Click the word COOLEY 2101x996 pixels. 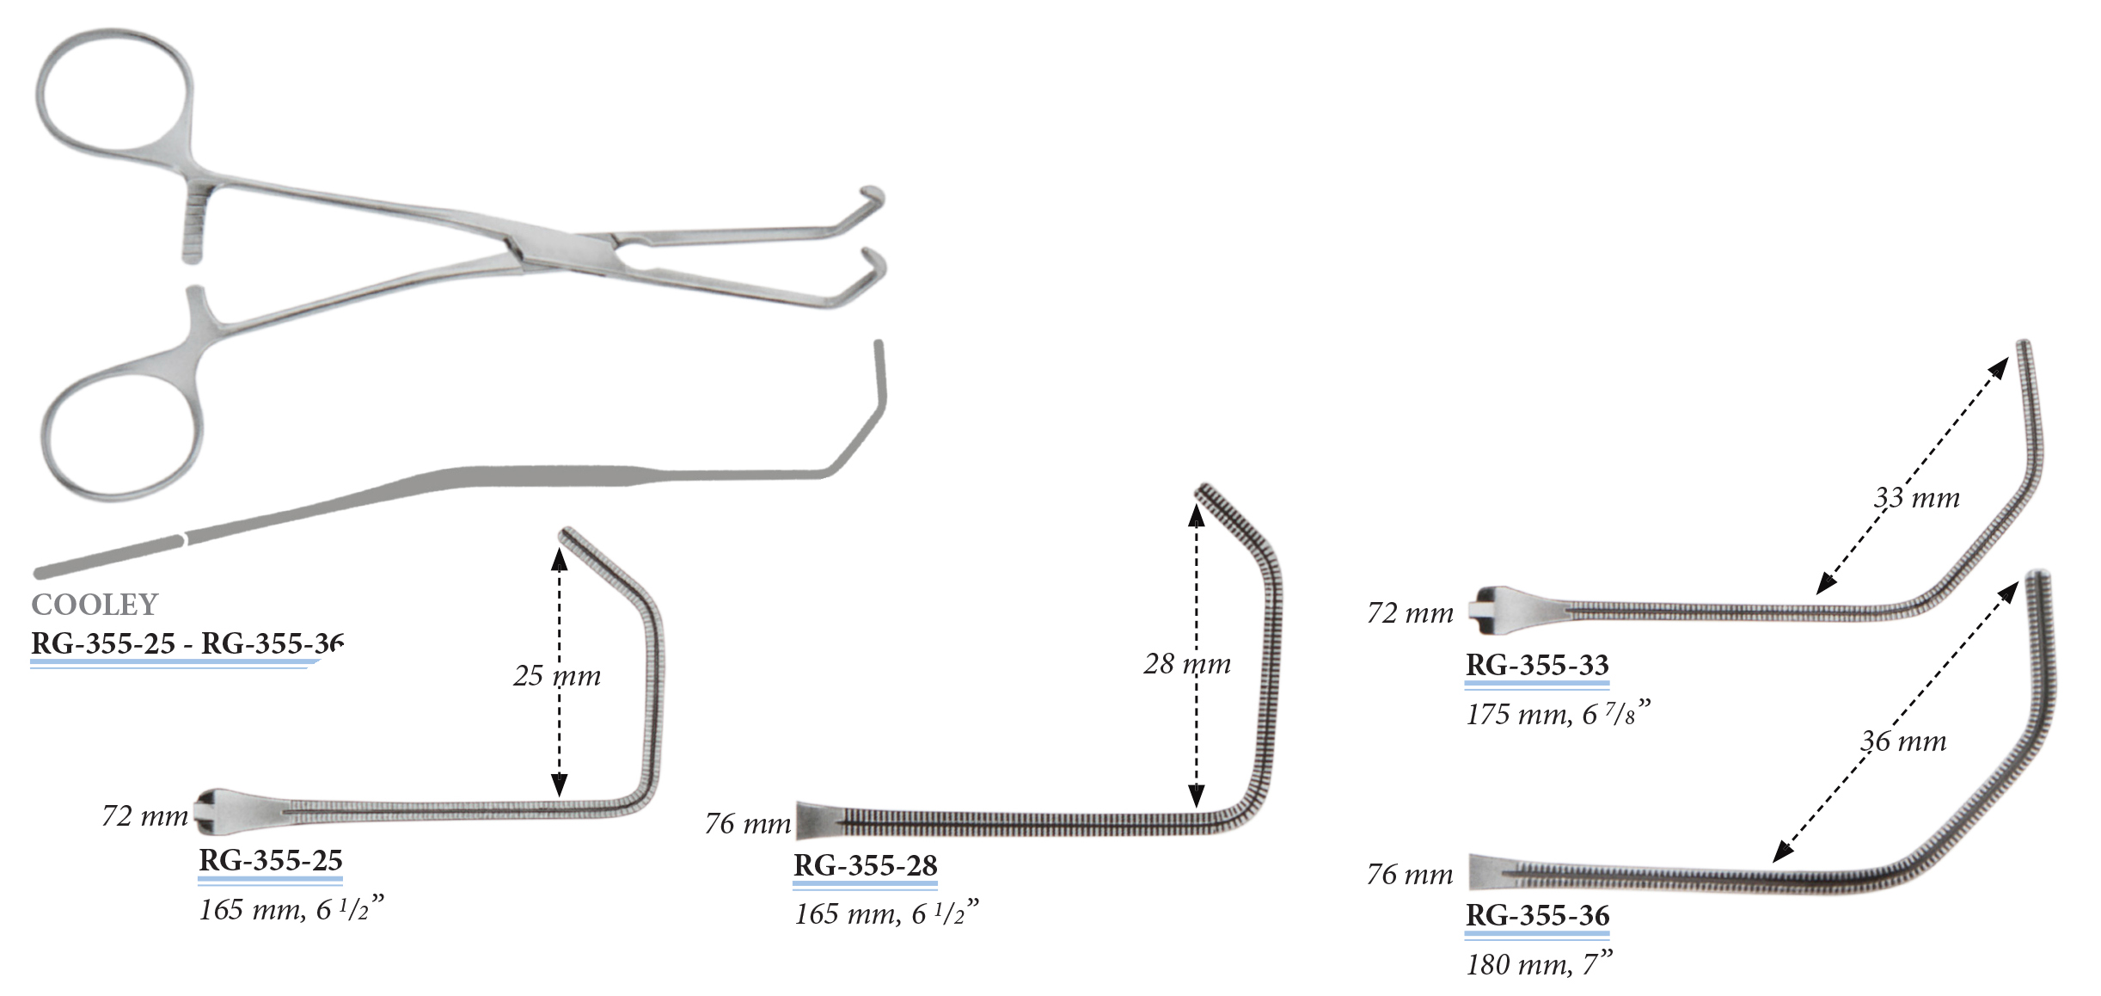click(95, 605)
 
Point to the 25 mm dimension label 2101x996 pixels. click(557, 675)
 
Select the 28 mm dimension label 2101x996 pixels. click(1187, 663)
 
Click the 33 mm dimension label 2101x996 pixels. click(1916, 497)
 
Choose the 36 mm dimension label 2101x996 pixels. click(1903, 741)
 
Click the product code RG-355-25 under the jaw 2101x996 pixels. click(271, 859)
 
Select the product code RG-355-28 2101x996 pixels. click(866, 864)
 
